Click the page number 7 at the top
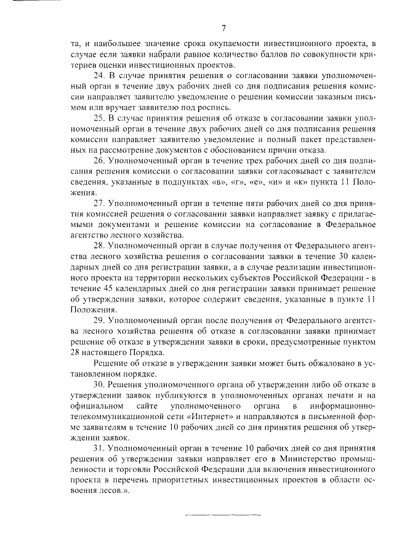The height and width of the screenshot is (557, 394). [x=224, y=28]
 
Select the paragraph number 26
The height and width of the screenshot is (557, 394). [x=99, y=159]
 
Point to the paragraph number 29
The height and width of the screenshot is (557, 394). [x=99, y=321]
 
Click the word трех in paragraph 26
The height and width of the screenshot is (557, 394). [x=223, y=159]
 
